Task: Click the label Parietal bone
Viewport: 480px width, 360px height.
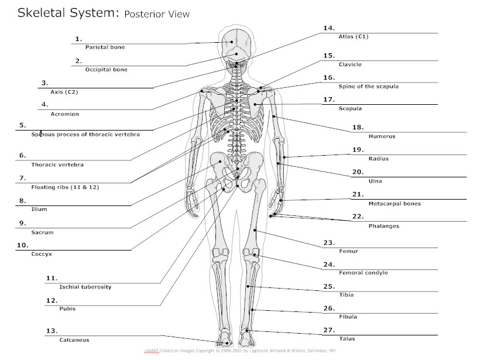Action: coord(105,47)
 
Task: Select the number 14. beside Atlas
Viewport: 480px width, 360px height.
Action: coord(329,28)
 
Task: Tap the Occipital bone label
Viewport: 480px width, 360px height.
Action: coord(106,70)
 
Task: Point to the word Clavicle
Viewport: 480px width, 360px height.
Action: coord(350,64)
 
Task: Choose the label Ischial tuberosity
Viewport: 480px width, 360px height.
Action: coord(85,287)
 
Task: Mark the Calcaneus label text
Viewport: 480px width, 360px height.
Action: coord(74,340)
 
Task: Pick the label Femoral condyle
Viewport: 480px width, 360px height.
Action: coord(363,273)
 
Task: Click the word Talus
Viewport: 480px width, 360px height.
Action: coord(347,338)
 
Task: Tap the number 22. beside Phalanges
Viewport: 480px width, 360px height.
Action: coord(358,216)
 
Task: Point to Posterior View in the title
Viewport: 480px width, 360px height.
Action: coord(156,13)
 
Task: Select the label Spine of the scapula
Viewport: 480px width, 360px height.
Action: coord(368,86)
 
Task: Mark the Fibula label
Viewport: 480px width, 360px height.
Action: coord(348,317)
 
